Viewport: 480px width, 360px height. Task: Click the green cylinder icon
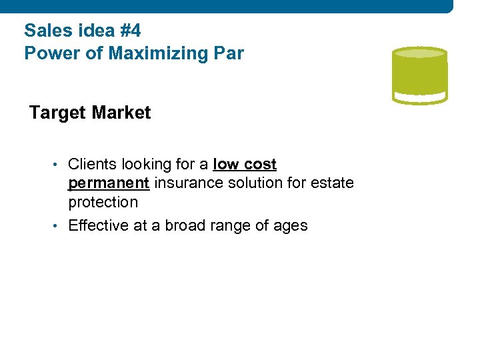[419, 75]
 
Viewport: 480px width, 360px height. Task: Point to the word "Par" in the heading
[229, 53]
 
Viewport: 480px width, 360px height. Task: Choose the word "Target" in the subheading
[57, 113]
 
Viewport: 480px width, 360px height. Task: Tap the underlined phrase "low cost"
[245, 164]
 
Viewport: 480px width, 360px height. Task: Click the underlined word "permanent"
[109, 183]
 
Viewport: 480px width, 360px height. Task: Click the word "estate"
[331, 183]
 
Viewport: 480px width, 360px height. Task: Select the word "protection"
[103, 202]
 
